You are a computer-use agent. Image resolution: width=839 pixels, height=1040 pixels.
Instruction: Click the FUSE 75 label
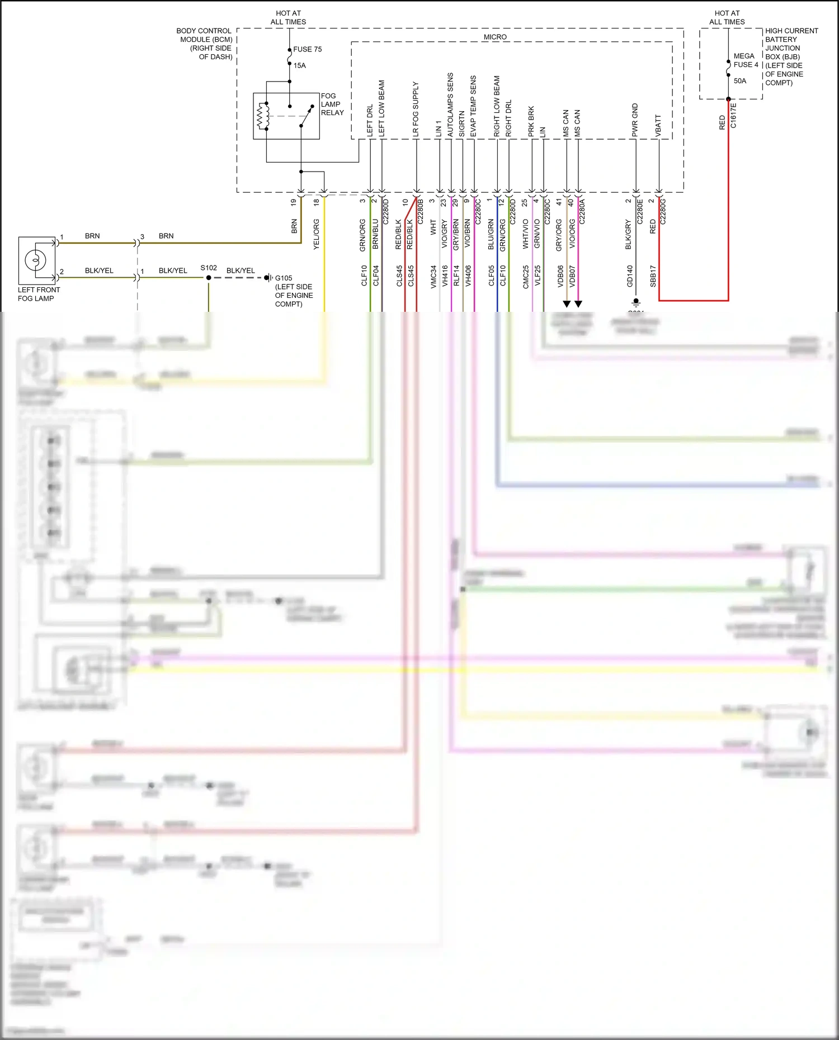point(307,49)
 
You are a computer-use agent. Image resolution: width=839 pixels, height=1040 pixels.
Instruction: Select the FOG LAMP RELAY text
point(332,104)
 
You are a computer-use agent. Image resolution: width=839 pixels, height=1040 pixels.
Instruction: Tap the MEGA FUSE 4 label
point(746,60)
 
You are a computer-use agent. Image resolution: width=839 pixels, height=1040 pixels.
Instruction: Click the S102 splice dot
point(209,278)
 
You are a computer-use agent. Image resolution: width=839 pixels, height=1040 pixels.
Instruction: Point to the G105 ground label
point(284,278)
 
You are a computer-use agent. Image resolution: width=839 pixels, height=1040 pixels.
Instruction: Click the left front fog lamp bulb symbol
point(35,260)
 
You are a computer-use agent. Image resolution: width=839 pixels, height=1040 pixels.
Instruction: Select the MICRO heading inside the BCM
point(495,37)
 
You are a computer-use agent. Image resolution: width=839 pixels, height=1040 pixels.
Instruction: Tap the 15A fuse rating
point(300,65)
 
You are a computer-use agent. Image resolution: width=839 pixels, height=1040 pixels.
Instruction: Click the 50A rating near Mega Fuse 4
point(740,81)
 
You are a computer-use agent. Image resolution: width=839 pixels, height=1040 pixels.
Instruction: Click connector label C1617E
point(733,116)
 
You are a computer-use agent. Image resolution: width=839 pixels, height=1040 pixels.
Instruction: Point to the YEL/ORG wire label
point(316,234)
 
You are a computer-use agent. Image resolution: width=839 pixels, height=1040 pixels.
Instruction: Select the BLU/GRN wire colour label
point(491,234)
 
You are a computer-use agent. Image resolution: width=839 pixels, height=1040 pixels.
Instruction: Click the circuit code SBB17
point(653,276)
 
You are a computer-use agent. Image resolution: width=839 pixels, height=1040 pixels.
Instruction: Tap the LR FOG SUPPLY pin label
point(416,110)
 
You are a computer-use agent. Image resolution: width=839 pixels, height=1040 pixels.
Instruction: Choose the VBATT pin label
point(658,126)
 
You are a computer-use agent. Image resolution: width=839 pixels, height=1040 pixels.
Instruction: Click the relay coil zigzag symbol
point(260,116)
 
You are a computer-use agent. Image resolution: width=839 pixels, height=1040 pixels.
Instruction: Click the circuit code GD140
point(630,276)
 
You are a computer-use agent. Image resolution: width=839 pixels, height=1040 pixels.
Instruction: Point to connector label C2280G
point(663,211)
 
